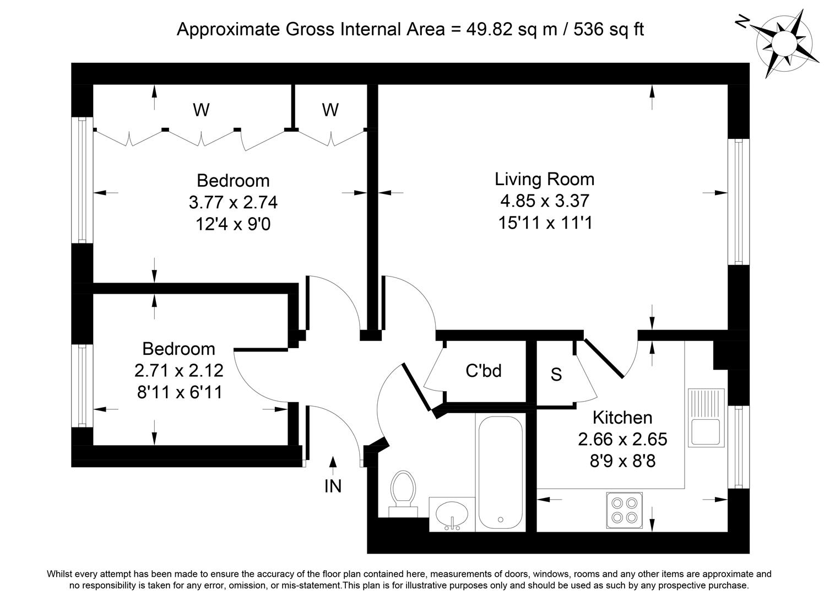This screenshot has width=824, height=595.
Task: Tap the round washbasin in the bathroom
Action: pos(452,513)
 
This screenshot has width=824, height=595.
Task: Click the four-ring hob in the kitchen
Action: pos(624,510)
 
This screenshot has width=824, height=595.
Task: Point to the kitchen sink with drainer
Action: pos(706,418)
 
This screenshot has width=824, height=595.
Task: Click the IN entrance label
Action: pos(333,486)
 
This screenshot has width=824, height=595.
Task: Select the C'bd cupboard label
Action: pos(484,371)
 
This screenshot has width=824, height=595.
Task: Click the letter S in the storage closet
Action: pos(556,374)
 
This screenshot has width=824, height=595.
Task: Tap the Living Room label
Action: pos(544,179)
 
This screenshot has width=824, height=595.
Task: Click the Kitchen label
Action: pos(622,417)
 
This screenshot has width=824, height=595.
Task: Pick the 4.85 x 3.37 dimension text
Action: pos(545,201)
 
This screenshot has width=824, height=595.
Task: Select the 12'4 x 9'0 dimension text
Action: pos(233,224)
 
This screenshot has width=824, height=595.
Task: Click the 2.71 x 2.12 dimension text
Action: pos(179,370)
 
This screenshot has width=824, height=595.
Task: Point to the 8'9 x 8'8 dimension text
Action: pos(622,461)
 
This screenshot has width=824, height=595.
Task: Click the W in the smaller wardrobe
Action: pos(330,110)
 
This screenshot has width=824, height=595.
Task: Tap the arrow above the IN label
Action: pos(333,466)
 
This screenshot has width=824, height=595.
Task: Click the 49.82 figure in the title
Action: pos(489,29)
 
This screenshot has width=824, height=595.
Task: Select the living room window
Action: pos(739,202)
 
